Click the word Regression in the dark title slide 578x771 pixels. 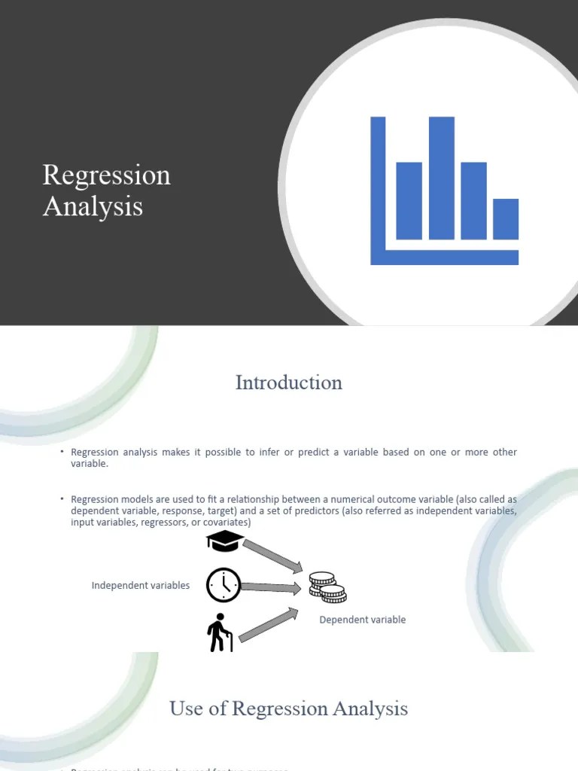click(106, 175)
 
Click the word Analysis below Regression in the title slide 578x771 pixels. click(93, 206)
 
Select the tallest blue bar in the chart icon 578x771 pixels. click(442, 178)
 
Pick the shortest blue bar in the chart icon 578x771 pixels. click(506, 218)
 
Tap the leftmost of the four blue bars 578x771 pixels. click(409, 200)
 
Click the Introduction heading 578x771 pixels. click(289, 382)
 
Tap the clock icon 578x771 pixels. click(224, 585)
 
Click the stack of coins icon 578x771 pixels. click(327, 587)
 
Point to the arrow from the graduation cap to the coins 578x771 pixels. click(273, 556)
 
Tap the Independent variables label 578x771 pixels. click(141, 585)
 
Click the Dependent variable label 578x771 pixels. click(363, 620)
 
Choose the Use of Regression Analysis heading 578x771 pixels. click(289, 709)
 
